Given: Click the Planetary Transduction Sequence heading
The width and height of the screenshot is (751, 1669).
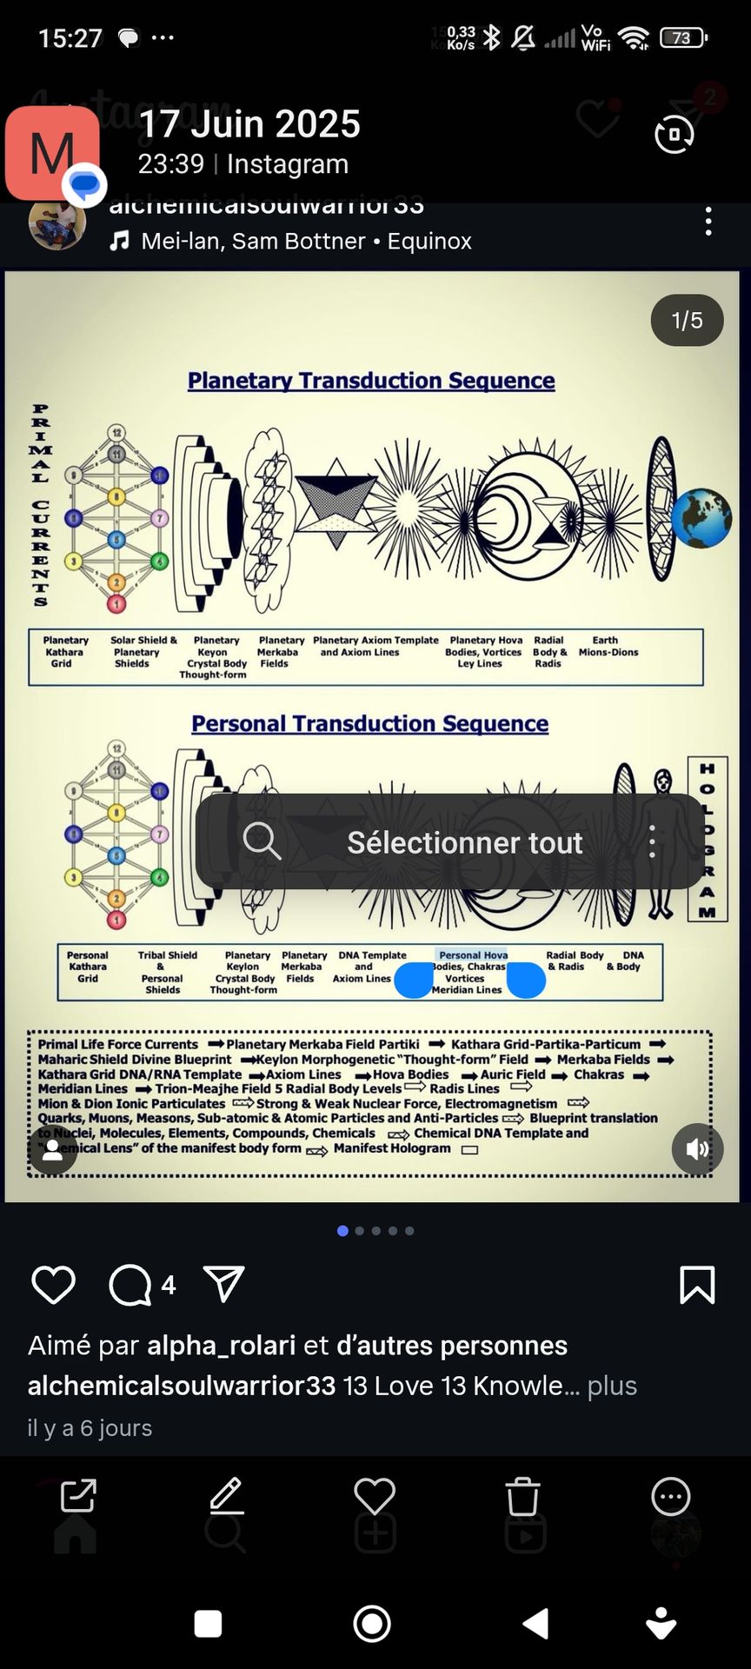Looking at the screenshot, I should coord(371,381).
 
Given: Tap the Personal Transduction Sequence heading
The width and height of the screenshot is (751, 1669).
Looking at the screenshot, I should coord(369,723).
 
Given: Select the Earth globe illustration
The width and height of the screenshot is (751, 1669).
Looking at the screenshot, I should coord(701,518).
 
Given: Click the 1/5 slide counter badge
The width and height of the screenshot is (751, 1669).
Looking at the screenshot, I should coord(687,320).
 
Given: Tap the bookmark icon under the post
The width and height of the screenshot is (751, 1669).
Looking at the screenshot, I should coord(697,1285).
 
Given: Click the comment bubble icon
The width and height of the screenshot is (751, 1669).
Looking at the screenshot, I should coord(130,1285).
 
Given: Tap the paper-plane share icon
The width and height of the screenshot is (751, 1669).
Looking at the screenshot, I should coord(223,1284).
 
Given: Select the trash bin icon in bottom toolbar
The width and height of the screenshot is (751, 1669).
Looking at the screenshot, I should coord(522,1496).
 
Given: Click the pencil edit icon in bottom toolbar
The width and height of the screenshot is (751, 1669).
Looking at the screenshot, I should coord(227,1496).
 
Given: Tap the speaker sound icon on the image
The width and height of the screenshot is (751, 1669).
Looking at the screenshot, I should coord(697,1149).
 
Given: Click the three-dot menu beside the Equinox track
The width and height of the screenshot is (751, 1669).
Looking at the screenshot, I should coord(708,222).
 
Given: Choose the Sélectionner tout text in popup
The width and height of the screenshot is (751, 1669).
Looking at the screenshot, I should coord(465,842).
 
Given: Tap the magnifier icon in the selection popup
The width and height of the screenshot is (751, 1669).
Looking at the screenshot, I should coord(262,841).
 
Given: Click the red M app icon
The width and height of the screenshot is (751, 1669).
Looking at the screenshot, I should coord(52,153).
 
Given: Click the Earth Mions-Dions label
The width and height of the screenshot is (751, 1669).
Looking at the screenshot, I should coord(608,646).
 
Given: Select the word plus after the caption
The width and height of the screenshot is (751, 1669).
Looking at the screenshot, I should coord(612,1386).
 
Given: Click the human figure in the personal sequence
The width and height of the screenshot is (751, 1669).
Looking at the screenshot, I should coord(663,843).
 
